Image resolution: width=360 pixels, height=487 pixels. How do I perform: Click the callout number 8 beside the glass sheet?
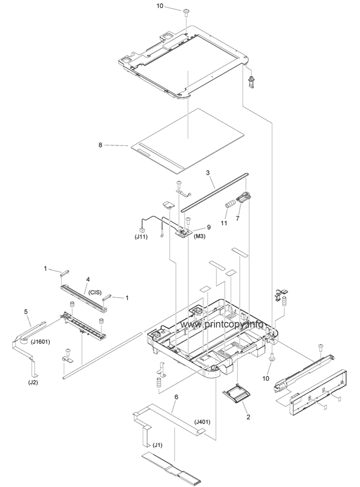(100, 145)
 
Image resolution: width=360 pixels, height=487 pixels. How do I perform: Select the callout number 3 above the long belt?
(208, 174)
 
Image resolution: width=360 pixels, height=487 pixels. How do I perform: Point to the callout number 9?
(209, 227)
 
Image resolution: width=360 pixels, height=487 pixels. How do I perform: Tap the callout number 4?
(88, 279)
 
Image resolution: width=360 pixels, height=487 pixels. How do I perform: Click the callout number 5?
(26, 312)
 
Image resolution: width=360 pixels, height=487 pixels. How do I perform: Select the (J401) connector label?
(202, 422)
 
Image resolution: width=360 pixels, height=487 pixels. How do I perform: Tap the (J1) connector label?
(158, 444)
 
